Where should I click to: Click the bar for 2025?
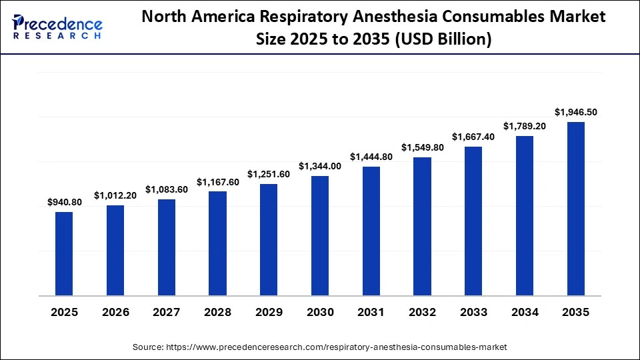tap(64, 254)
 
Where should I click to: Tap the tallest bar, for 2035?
tap(575, 209)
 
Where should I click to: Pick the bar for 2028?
tap(217, 243)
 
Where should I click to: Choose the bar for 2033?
tap(473, 221)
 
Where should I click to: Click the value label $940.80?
tap(64, 202)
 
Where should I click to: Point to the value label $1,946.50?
tap(576, 112)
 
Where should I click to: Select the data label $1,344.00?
tap(320, 166)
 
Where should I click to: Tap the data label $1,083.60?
tap(167, 189)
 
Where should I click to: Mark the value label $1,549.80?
tap(422, 147)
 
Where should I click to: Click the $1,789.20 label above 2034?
tap(525, 126)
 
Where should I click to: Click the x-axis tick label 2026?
tap(115, 312)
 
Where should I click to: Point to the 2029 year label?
tap(269, 312)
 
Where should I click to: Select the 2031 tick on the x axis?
tap(371, 312)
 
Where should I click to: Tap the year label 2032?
tap(422, 312)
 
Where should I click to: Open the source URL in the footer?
tap(336, 347)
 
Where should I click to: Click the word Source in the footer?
tap(148, 347)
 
